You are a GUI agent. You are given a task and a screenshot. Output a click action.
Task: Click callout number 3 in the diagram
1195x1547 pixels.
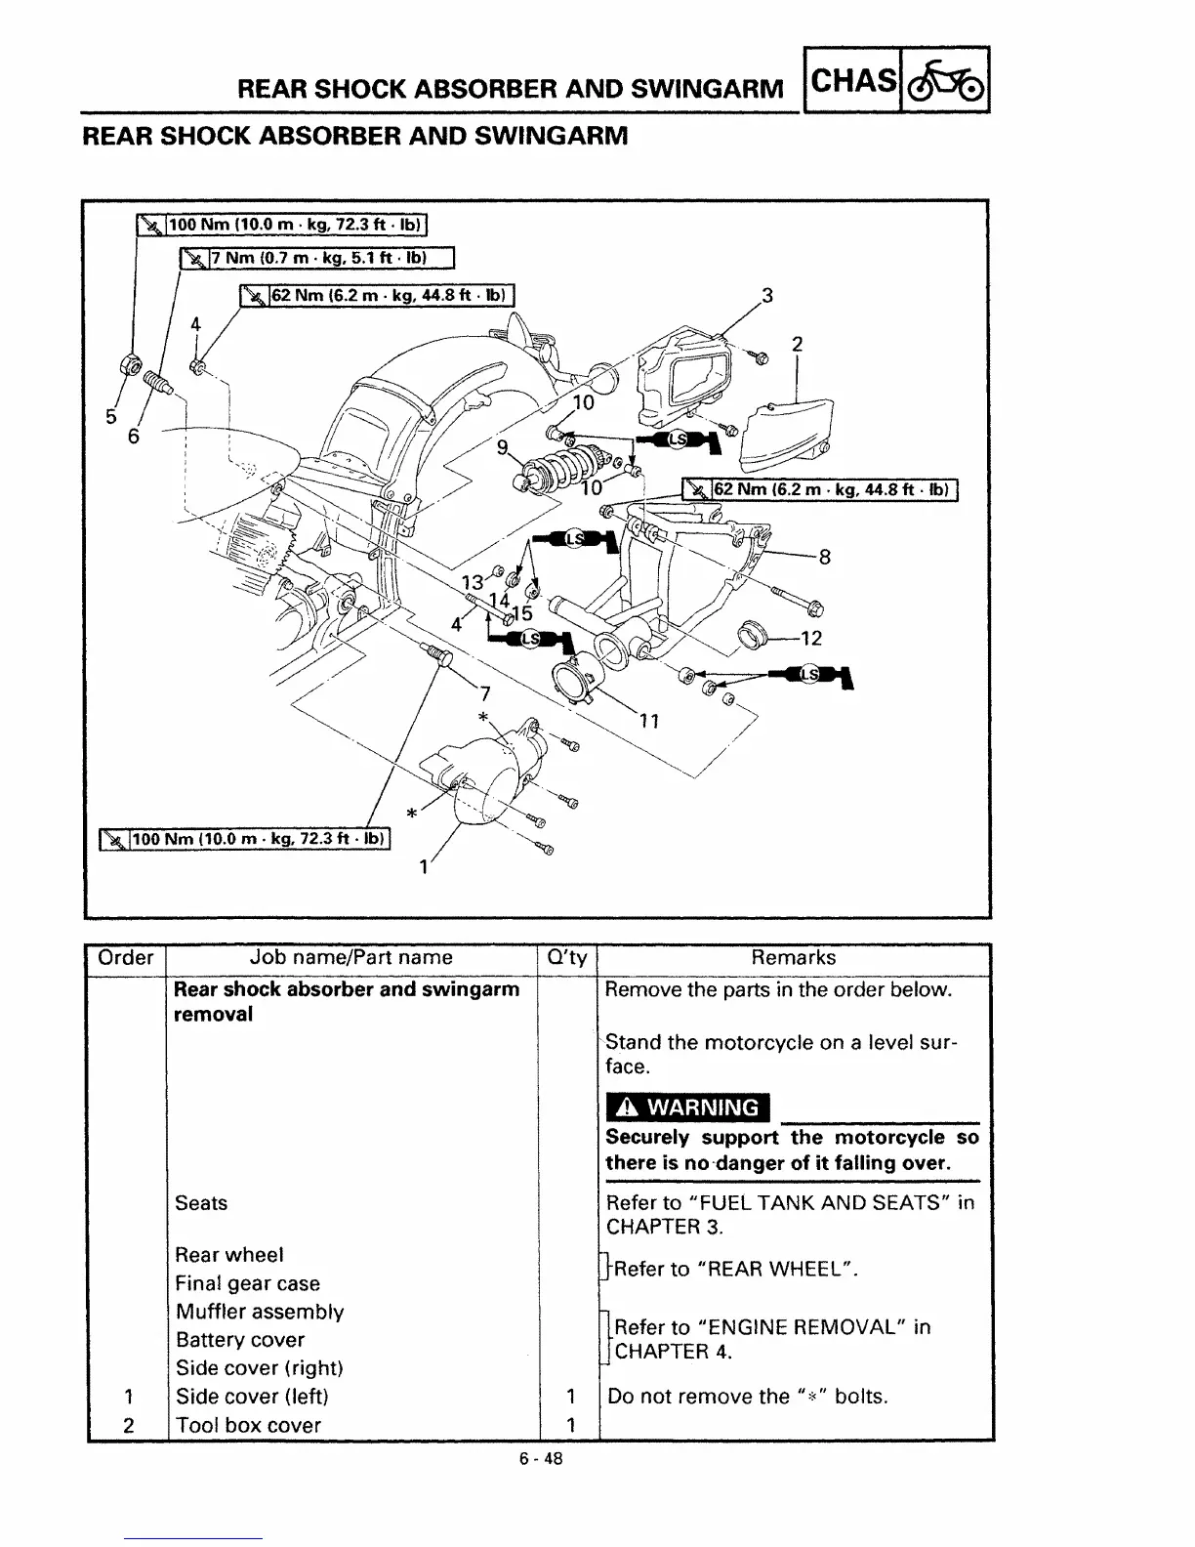point(767,296)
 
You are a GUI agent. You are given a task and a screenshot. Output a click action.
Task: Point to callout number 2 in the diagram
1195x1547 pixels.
point(797,344)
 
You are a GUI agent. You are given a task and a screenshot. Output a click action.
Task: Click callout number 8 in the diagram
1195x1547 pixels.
point(824,558)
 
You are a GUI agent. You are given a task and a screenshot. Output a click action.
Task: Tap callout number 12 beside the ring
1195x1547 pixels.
point(810,639)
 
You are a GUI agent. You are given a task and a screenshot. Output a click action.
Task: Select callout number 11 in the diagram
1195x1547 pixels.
point(650,722)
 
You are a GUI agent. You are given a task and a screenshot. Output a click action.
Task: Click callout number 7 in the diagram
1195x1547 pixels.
point(483,693)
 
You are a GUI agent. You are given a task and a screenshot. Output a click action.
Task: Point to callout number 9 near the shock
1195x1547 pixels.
point(503,447)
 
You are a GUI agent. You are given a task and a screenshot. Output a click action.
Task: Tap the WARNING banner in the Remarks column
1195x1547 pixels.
point(687,1108)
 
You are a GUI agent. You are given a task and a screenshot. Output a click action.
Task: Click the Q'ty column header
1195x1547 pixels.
point(567,958)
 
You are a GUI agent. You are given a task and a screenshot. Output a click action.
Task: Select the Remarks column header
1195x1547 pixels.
point(794,958)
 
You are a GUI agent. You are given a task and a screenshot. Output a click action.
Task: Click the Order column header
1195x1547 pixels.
point(126,958)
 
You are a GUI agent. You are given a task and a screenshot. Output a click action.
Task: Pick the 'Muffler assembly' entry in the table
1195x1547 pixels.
point(260,1312)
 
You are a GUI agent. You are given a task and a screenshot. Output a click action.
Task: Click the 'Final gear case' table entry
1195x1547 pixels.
point(248,1283)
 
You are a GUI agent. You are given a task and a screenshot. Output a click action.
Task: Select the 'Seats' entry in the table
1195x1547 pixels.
point(201,1203)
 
